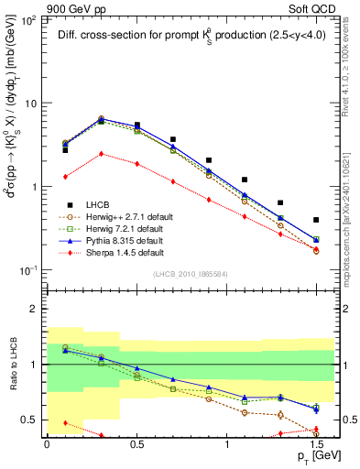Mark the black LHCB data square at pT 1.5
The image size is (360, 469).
[316, 220]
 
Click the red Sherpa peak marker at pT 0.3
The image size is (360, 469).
[101, 154]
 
